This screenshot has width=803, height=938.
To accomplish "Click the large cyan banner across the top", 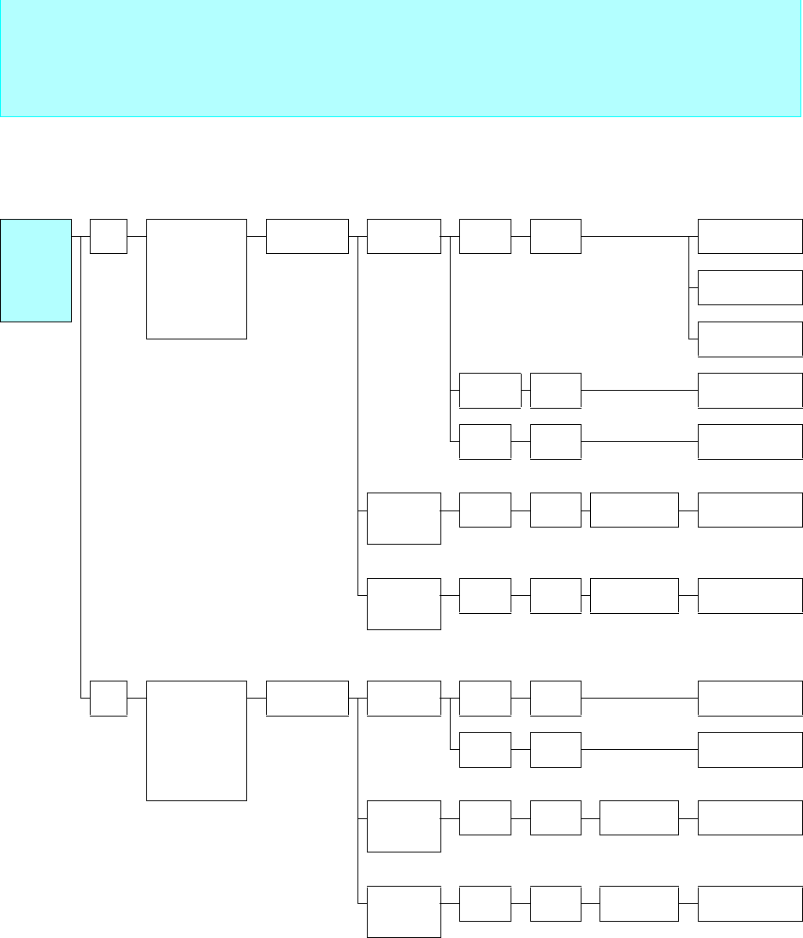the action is (x=401, y=58).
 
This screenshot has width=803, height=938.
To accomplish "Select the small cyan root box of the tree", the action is (x=36, y=270).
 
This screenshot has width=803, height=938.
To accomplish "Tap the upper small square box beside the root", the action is (x=109, y=236).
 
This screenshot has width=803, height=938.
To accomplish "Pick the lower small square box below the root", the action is (x=109, y=698).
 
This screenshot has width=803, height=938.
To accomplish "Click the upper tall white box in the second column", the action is (x=197, y=279).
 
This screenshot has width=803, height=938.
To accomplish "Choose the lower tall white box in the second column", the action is (x=197, y=740).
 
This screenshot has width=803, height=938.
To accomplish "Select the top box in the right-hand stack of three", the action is (x=750, y=236).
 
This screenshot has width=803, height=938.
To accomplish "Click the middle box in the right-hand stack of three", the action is (x=750, y=287).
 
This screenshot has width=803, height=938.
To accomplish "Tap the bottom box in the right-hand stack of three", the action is (x=750, y=339).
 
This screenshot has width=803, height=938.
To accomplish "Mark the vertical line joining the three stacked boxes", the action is (x=688, y=287).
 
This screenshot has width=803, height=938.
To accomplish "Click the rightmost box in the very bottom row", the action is (x=750, y=903).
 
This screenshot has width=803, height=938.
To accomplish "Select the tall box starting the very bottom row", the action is (x=404, y=911).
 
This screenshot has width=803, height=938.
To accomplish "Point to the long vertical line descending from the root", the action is (x=80, y=470).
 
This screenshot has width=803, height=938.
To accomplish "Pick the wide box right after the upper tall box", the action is (x=307, y=236).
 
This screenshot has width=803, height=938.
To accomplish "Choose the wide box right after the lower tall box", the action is (x=307, y=698).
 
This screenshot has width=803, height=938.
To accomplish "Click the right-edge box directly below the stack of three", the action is (x=750, y=390).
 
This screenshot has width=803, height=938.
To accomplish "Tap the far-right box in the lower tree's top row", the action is (x=750, y=698).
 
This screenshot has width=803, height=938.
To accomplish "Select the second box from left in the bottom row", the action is (x=485, y=903).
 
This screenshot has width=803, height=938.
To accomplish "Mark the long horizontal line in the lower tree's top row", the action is (x=639, y=698).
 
